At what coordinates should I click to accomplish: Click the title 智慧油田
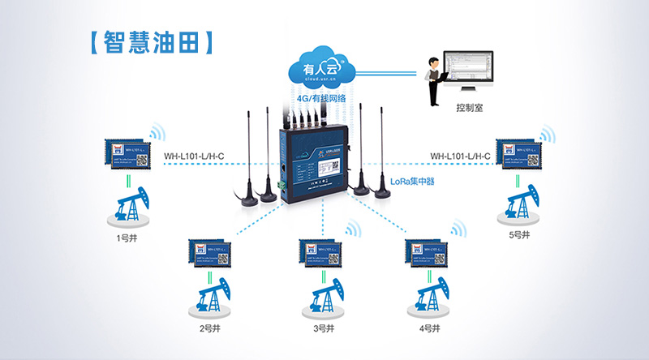point(153,43)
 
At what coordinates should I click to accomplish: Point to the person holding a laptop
point(436,79)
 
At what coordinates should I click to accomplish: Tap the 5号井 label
point(518,235)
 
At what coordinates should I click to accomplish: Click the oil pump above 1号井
point(127,206)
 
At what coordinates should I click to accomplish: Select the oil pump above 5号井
point(517,203)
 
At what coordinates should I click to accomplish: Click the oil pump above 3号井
point(322,295)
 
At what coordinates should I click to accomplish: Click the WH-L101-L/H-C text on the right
point(460,156)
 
